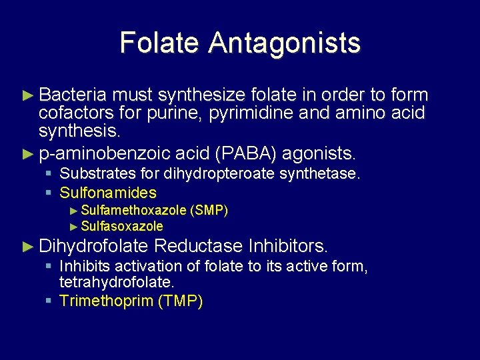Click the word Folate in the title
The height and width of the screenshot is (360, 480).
pos(159,43)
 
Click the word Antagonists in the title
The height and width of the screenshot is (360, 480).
pos(284,43)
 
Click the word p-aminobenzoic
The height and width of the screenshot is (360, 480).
pos(104,155)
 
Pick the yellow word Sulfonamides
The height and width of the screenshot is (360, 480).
pos(108,193)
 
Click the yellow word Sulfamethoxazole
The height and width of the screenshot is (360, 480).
pos(133,211)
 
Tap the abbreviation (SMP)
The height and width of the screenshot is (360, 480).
pos(209,211)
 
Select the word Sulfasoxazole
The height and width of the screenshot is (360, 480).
pos(122,226)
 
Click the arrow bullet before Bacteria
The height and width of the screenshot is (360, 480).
pos(27,95)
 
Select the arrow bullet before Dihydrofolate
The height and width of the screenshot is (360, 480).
pos(27,247)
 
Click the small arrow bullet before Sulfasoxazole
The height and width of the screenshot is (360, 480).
pos(73,227)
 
